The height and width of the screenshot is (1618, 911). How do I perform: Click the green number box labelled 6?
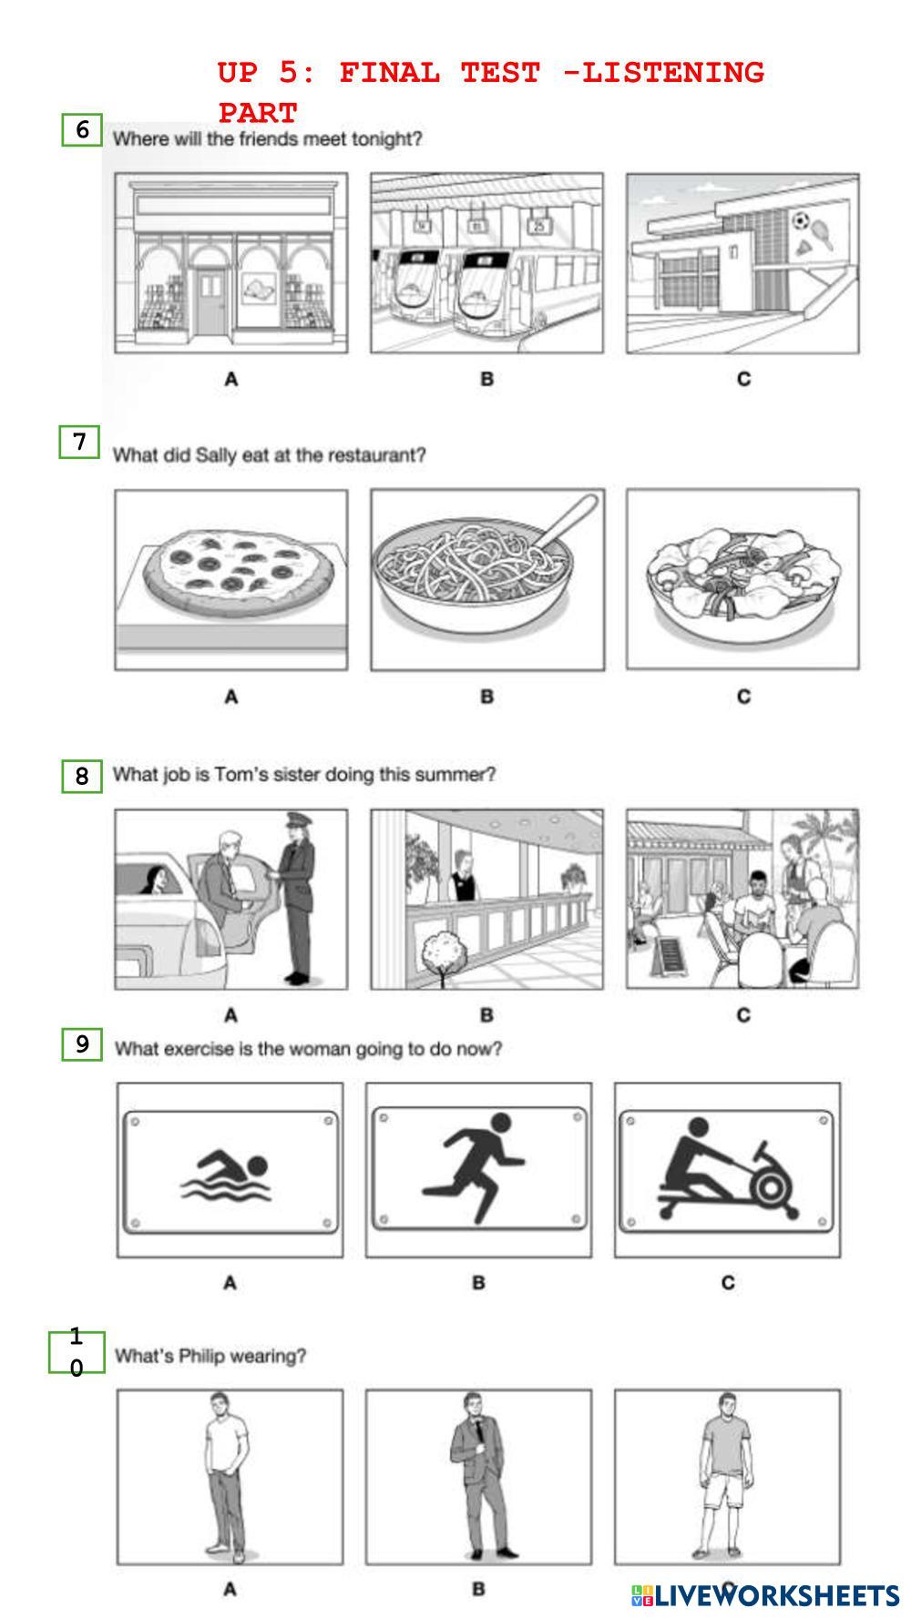pos(82,130)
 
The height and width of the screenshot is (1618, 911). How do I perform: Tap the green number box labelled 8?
pos(82,776)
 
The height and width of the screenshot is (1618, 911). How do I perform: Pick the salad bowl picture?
pos(742,579)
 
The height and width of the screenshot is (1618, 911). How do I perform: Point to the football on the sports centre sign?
pos(800,220)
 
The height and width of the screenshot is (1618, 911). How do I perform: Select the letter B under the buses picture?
pos(486,379)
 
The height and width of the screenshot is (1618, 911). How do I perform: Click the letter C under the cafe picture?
pos(743,1014)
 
